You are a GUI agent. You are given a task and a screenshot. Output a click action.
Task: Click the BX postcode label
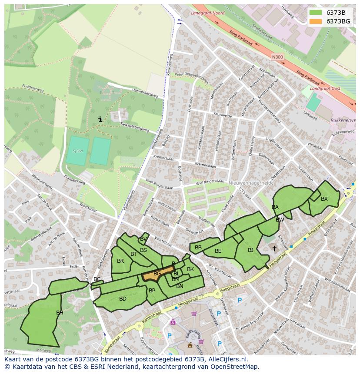pos(324,199)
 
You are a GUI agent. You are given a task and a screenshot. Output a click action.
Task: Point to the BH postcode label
pos(60,312)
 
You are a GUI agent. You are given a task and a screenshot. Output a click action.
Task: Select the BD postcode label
pos(123,298)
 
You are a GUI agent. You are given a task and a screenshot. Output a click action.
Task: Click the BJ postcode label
pos(250,250)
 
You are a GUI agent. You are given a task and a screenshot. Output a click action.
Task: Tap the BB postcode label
pos(198,248)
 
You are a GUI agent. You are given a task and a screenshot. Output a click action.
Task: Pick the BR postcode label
pos(120,261)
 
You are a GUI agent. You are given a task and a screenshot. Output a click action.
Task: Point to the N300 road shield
pos(277,56)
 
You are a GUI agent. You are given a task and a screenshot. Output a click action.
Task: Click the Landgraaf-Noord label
pos(207,13)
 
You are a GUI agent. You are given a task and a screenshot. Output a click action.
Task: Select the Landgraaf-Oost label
pos(325,88)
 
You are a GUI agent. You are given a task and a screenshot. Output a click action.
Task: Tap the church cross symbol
pos(274,248)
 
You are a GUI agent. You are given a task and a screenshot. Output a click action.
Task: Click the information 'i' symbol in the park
pos(100,119)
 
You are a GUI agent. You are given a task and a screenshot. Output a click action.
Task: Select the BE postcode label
pos(218,251)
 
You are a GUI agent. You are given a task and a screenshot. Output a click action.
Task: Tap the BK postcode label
pos(190,269)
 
